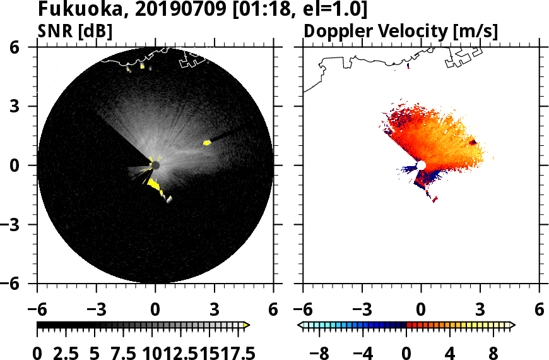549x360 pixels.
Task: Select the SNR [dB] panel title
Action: [75, 31]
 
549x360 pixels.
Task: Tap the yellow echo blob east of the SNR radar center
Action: [207, 143]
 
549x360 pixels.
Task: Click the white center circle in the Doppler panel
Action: [421, 165]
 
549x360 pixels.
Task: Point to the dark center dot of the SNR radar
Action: [155, 165]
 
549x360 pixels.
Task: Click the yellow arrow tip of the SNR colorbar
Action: [247, 325]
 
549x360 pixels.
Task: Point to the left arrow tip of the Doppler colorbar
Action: [301, 325]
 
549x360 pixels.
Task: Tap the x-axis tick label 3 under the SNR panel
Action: [215, 310]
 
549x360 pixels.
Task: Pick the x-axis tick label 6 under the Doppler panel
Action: [539, 310]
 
